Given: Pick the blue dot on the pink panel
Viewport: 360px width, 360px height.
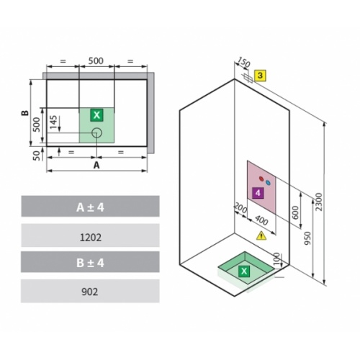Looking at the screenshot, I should [x=268, y=183].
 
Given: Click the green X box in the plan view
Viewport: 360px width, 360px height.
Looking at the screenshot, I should [x=96, y=114].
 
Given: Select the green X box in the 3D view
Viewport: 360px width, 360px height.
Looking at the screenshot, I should [x=244, y=271].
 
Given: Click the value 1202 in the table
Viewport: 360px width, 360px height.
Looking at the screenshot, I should [x=90, y=235].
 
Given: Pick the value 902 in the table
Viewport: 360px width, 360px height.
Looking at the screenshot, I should [x=90, y=292].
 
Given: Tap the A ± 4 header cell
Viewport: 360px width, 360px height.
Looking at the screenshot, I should [x=90, y=207].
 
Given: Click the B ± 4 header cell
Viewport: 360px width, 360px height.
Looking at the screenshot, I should [x=90, y=263].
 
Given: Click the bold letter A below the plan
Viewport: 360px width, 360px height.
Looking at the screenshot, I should [x=96, y=165].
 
